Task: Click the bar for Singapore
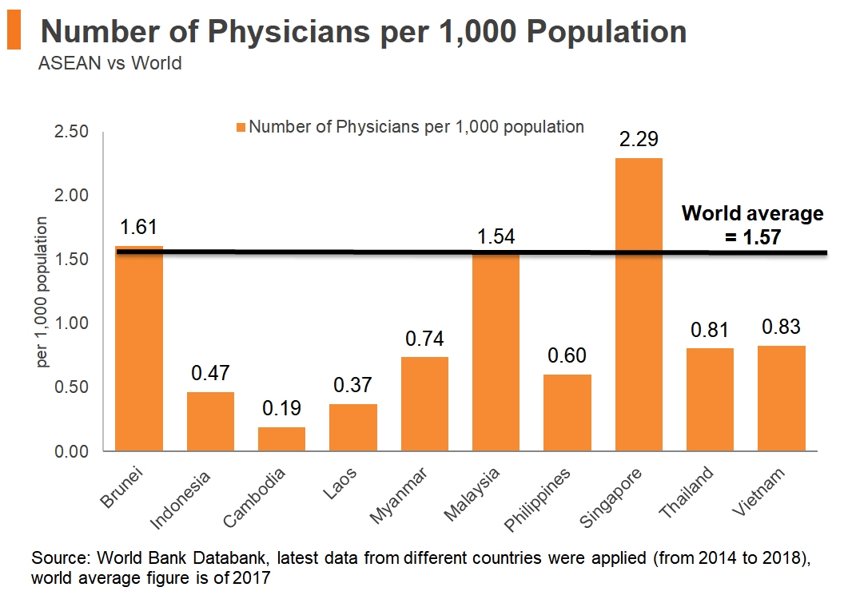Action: (x=639, y=304)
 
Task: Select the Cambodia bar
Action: (x=281, y=438)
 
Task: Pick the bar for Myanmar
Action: (x=424, y=403)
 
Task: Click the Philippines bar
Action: (x=567, y=412)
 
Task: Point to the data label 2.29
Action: (x=639, y=141)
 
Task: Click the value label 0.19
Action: (x=281, y=409)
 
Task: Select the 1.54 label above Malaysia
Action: (x=496, y=236)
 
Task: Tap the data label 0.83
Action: (x=781, y=327)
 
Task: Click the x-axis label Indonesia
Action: (x=181, y=501)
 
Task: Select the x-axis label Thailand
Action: (x=687, y=494)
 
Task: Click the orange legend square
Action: (x=241, y=127)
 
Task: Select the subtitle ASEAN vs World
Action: (x=109, y=62)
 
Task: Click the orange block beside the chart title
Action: (x=13, y=30)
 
